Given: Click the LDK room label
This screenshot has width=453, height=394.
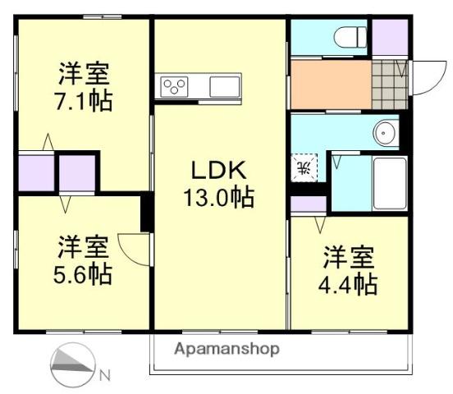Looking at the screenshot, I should tap(217, 171).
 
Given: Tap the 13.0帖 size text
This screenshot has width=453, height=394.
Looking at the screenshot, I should tap(217, 197).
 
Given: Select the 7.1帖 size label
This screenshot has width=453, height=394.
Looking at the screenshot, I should tap(84, 102).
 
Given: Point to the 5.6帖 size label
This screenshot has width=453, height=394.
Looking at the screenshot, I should tap(84, 273).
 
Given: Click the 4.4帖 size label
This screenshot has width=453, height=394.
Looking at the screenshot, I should tap(349, 284).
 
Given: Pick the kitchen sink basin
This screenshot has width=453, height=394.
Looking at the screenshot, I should tap(223, 85).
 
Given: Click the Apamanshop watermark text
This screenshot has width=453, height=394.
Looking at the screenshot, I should tap(226, 348).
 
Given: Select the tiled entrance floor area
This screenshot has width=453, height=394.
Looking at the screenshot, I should tap(389, 83).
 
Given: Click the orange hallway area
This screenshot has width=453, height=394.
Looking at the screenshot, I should tap(329, 83).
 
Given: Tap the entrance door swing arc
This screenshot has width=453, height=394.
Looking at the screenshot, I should tap(425, 78).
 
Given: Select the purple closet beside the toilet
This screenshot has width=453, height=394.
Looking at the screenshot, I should tap(389, 37).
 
